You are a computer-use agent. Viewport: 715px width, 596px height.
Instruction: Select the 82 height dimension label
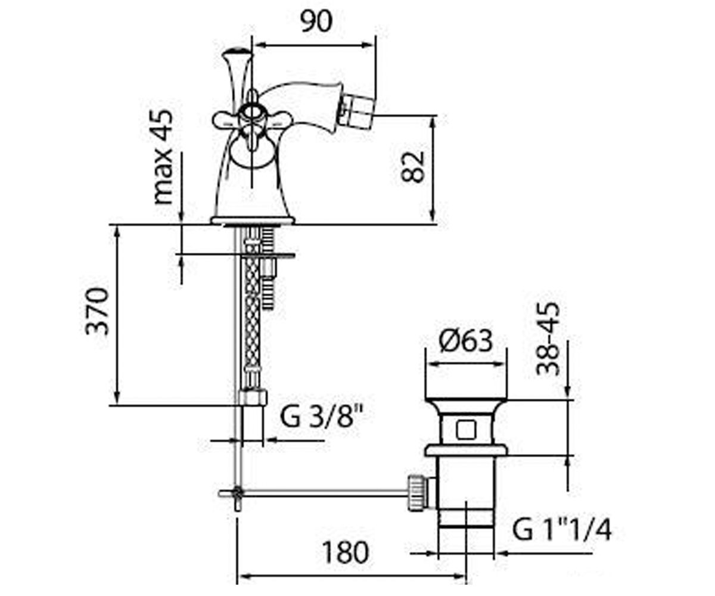click(x=412, y=167)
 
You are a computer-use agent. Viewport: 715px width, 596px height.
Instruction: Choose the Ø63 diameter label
click(x=466, y=341)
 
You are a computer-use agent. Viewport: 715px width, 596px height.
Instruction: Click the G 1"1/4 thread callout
click(x=562, y=530)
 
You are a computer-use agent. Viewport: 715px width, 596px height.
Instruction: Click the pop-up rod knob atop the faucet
click(x=237, y=54)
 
